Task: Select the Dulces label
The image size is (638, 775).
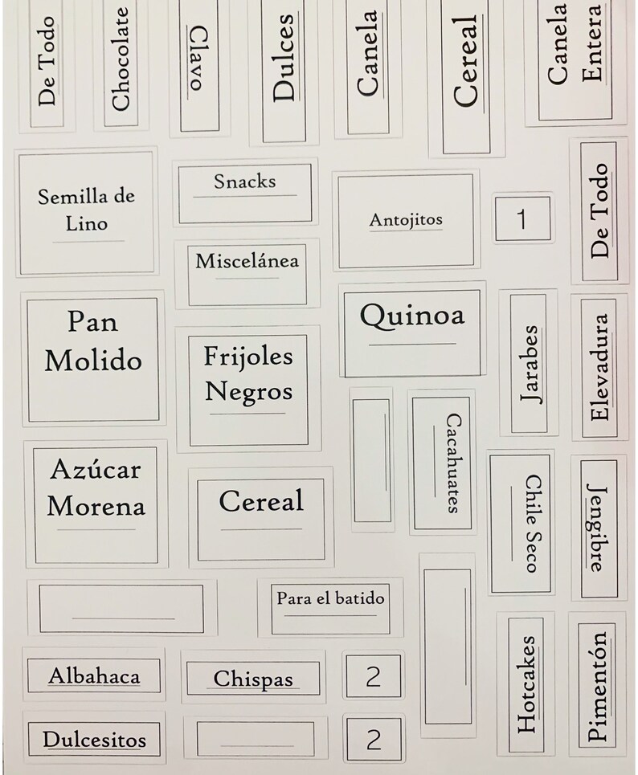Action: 284,68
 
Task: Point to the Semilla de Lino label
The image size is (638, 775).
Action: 86,210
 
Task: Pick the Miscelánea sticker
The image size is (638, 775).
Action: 247,272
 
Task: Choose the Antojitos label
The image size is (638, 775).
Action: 406,220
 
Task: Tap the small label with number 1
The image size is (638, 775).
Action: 522,218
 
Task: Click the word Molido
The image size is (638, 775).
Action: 92,361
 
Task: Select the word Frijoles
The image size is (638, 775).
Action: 248,355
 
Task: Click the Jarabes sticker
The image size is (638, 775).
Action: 528,362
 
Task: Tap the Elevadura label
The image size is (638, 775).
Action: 599,367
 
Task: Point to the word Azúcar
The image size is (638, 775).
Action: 95,469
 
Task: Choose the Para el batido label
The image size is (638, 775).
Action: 330,605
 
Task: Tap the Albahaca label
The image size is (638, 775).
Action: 94,675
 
